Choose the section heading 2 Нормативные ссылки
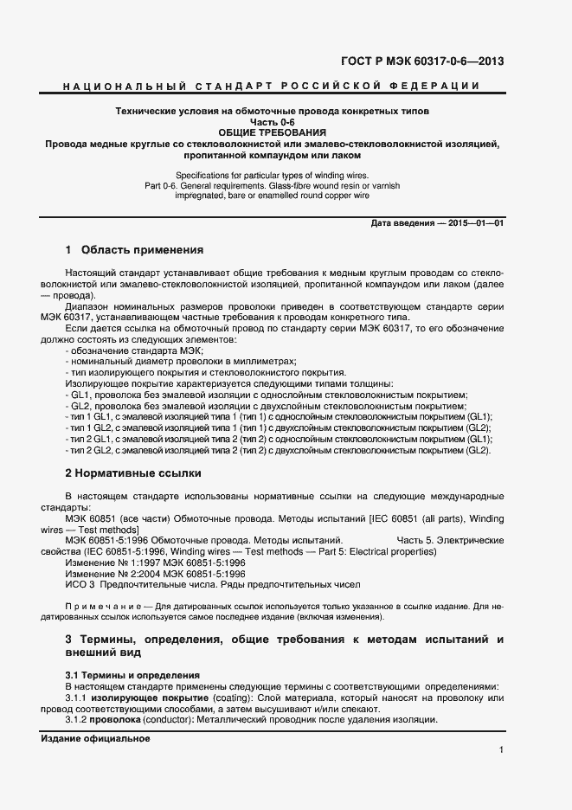tap(133, 473)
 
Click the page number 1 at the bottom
tap(501, 749)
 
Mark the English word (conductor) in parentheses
tap(169, 720)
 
